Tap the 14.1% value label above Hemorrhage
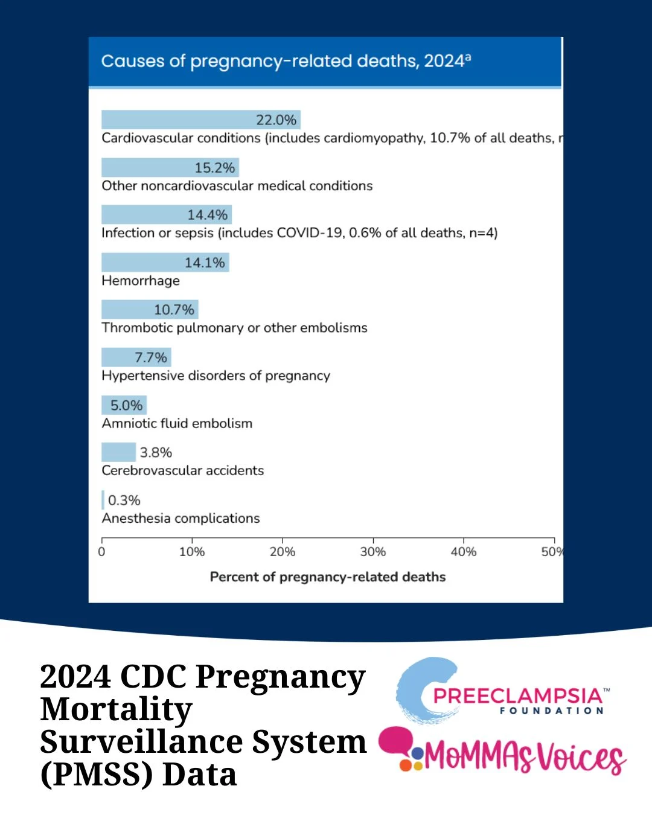click(x=205, y=263)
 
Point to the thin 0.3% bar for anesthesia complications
click(x=103, y=500)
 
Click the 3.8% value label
click(x=156, y=452)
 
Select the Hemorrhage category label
click(x=141, y=281)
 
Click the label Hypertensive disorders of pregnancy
click(x=216, y=376)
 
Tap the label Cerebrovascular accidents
click(x=182, y=470)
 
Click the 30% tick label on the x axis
click(x=372, y=551)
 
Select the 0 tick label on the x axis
click(x=101, y=551)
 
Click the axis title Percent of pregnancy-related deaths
click(x=327, y=577)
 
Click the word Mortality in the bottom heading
click(x=117, y=709)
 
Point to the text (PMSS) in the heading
click(x=96, y=775)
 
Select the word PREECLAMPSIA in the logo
click(x=517, y=695)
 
